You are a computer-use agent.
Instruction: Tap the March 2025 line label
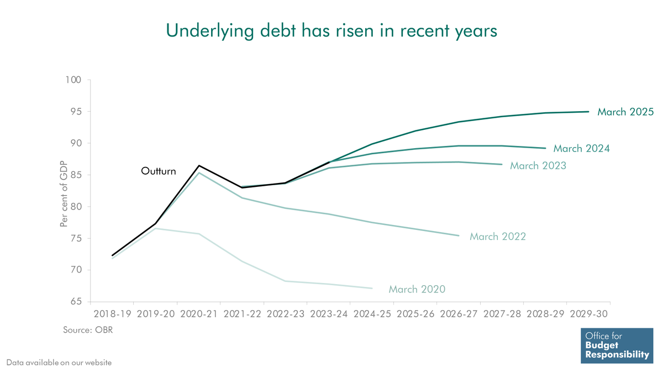click(x=625, y=112)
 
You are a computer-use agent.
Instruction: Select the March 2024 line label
click(x=582, y=149)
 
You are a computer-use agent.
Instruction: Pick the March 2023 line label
click(x=538, y=165)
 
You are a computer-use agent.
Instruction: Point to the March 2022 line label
click(x=498, y=237)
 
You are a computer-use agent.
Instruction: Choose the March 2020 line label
click(x=417, y=289)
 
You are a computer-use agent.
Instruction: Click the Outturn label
click(x=159, y=171)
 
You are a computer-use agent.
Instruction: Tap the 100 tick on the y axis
click(x=73, y=80)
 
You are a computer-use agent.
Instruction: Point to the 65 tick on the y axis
click(x=76, y=302)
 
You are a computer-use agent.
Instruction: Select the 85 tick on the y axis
click(x=76, y=175)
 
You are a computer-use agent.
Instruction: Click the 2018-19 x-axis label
click(x=112, y=315)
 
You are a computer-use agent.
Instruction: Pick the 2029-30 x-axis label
click(x=588, y=315)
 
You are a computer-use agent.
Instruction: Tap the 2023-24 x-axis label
click(x=329, y=315)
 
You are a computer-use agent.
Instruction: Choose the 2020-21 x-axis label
click(x=199, y=315)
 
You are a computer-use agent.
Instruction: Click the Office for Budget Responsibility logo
click(x=616, y=345)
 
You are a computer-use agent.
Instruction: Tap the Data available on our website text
click(x=59, y=363)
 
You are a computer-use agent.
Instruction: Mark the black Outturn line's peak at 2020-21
click(x=199, y=165)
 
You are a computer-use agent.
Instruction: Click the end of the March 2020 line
click(x=372, y=288)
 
